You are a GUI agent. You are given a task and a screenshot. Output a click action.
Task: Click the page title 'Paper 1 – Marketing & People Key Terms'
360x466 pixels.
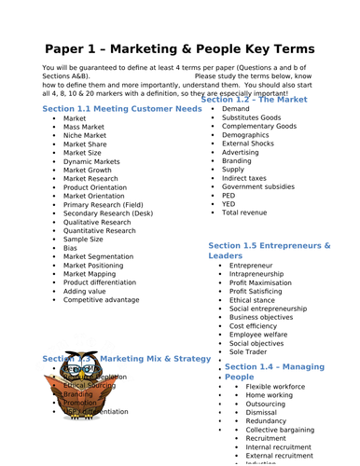coord(179,48)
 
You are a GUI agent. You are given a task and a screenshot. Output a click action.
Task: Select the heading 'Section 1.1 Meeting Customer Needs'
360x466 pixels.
coord(122,109)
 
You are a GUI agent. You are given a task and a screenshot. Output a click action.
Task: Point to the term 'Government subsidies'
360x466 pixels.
coord(264,186)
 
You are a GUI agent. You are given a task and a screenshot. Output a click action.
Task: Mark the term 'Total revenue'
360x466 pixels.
coord(244,213)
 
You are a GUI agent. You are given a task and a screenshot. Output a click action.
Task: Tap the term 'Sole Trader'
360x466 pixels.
coord(249,353)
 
